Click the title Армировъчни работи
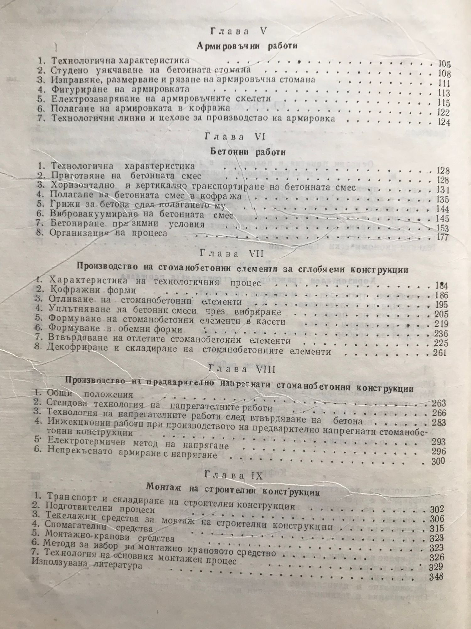pos(247,46)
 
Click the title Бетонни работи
pos(247,152)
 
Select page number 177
pos(443,237)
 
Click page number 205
pos(441,314)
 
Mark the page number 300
pos(438,461)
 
